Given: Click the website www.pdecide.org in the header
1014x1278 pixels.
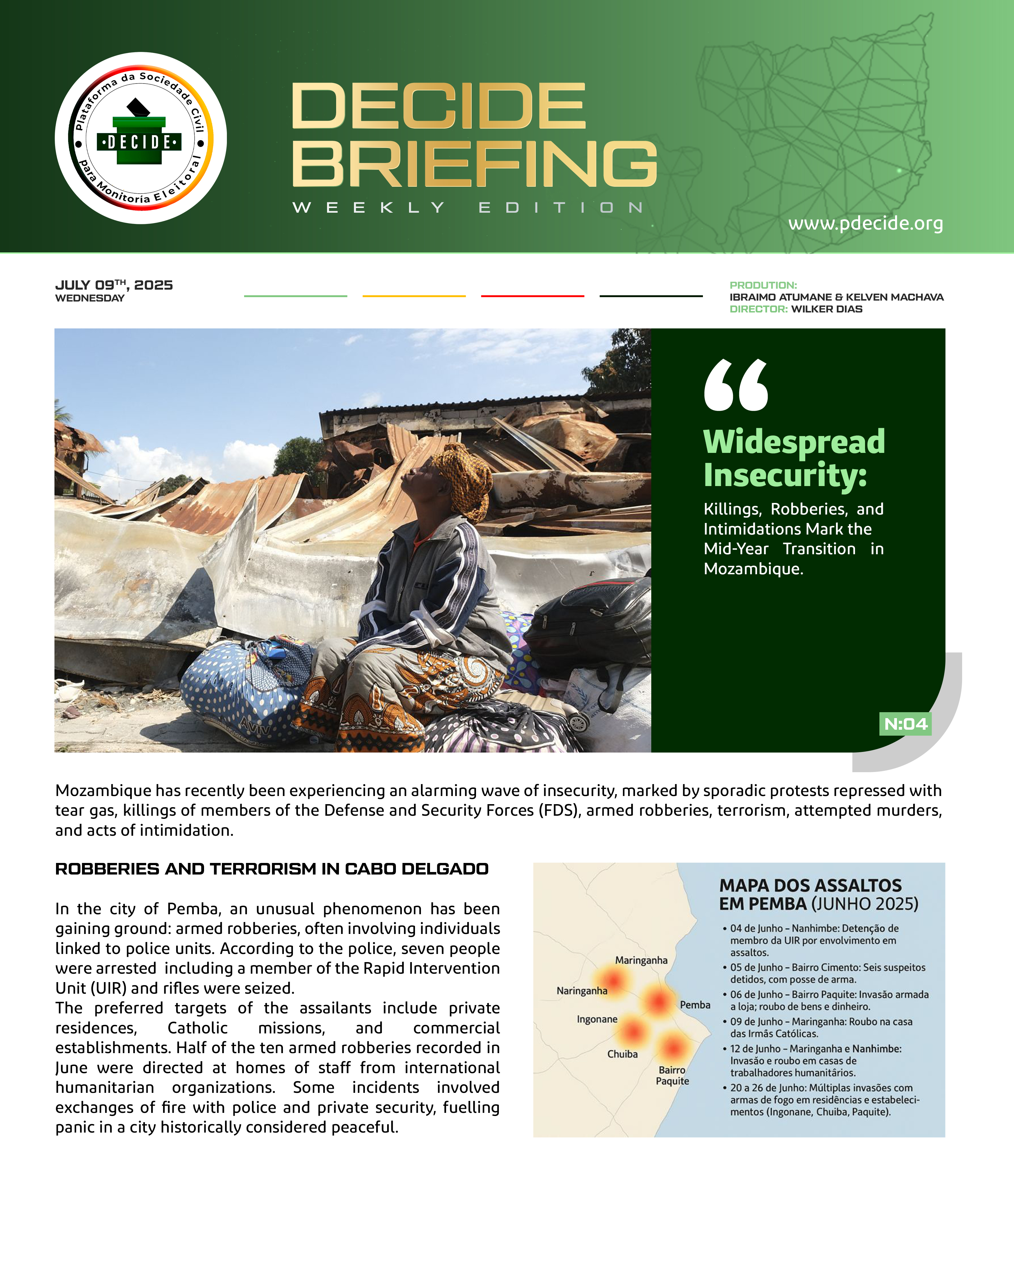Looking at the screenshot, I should pos(865,223).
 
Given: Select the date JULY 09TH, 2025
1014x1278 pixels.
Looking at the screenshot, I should pos(114,285).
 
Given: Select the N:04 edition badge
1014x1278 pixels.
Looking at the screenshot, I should pos(905,724).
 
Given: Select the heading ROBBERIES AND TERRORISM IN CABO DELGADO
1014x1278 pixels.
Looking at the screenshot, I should pos(272,869).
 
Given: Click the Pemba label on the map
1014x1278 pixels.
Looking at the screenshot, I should pos(695,1005).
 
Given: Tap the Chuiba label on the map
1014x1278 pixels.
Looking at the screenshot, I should pos(622,1054).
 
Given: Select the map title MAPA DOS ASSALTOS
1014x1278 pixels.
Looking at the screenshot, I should pos(810,885).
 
